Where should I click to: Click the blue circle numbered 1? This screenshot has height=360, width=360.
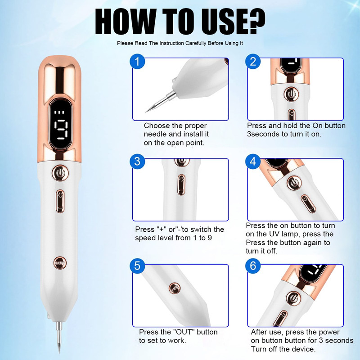[137, 62]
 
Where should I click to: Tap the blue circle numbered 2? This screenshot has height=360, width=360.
[253, 62]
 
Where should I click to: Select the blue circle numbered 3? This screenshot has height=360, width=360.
[137, 162]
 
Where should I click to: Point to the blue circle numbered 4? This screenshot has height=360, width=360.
[253, 162]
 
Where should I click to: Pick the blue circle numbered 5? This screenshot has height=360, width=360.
[137, 265]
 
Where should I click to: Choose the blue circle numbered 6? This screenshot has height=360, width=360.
[253, 265]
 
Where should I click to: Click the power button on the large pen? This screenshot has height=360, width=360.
[60, 173]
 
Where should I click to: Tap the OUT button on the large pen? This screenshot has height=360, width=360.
[60, 263]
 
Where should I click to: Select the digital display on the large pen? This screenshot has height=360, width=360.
[60, 125]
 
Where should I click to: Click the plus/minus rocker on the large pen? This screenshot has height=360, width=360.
[60, 201]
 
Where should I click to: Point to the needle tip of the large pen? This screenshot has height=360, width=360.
[59, 353]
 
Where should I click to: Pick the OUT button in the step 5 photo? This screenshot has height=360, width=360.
[175, 288]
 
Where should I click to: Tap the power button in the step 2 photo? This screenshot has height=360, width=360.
[291, 94]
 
